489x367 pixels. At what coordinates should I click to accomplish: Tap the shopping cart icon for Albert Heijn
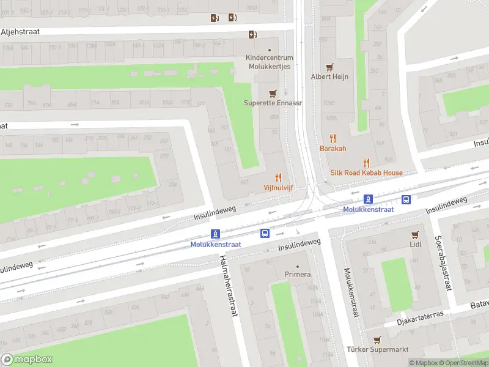tap(329, 67)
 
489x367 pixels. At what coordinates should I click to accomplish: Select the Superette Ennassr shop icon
tap(273, 94)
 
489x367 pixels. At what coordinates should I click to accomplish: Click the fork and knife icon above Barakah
tap(333, 139)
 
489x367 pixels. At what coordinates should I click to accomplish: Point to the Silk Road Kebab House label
tap(366, 173)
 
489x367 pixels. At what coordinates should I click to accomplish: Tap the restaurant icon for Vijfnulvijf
tap(278, 177)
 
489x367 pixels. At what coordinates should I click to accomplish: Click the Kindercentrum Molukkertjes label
tap(270, 62)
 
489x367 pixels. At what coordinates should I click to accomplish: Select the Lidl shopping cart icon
tap(416, 235)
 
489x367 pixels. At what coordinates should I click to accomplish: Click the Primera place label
tap(298, 275)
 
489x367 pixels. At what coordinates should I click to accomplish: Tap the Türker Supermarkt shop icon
tap(377, 340)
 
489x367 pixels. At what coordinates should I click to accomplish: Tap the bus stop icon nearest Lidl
tap(406, 199)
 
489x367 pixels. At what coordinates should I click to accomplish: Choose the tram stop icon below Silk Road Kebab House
tap(368, 199)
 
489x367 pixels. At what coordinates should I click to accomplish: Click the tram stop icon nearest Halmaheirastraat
tap(215, 234)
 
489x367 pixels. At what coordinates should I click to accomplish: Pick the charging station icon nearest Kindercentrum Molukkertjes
tap(252, 35)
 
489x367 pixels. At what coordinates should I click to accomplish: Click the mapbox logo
tap(27, 360)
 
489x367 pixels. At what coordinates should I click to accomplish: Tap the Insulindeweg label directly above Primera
tap(299, 245)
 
